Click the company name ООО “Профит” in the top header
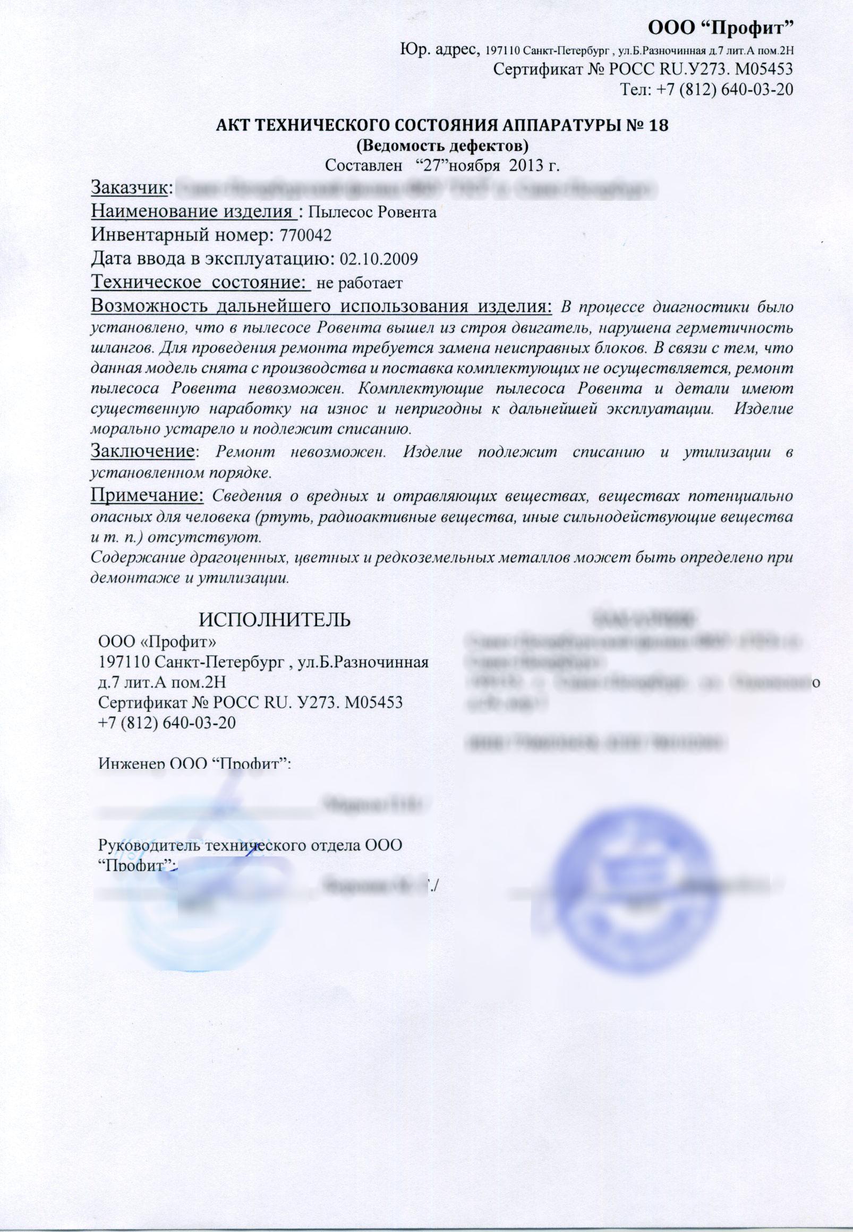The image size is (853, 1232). point(720,26)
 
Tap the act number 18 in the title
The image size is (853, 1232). point(657,125)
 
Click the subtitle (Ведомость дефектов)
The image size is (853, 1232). point(442,145)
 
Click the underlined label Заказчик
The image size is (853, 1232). point(131,188)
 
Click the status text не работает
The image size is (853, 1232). point(359,283)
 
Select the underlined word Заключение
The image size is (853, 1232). point(142,451)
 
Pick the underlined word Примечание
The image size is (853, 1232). point(148,495)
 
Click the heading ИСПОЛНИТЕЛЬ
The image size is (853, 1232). point(275,619)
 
